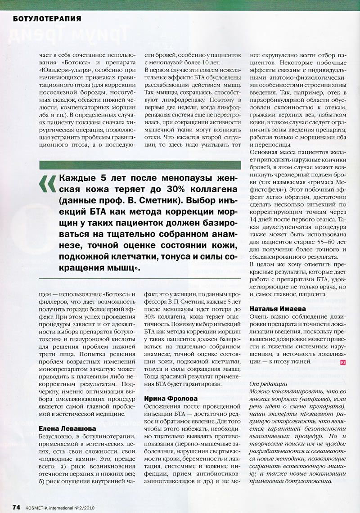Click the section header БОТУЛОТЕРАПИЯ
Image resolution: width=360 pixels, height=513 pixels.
(x=47, y=18)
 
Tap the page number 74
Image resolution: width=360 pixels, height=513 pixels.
(x=16, y=507)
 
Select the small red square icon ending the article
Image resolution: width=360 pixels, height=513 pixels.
(x=343, y=361)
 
